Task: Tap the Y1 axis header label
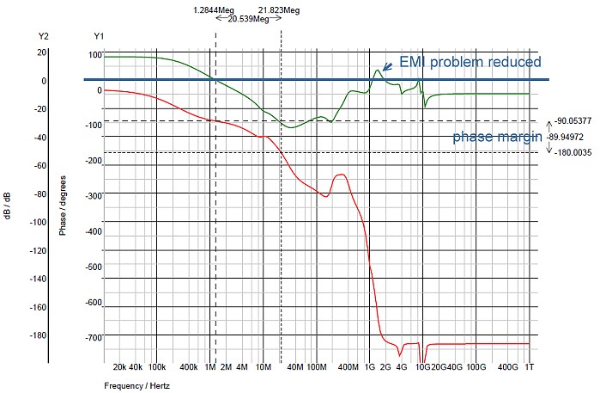[99, 37]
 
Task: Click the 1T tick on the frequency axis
[530, 367]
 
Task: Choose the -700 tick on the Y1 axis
[94, 338]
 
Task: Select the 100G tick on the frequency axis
[476, 367]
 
